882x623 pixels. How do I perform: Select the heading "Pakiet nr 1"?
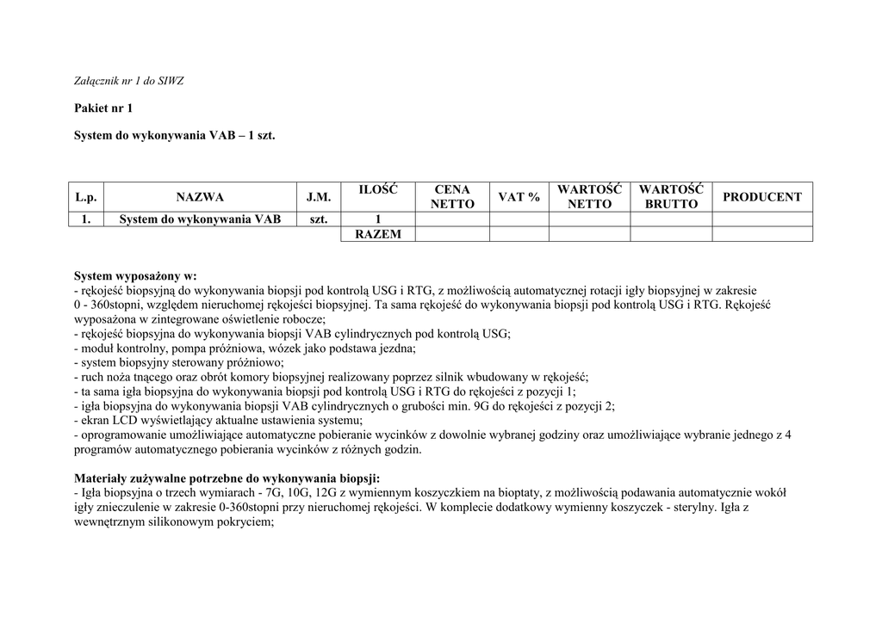(x=103, y=108)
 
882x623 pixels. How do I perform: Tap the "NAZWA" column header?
(x=200, y=197)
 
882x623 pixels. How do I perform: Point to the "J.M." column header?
(x=319, y=197)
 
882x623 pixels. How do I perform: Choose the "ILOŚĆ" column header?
(x=377, y=190)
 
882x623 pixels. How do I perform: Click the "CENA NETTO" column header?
(x=452, y=197)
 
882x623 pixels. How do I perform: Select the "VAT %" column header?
(x=519, y=197)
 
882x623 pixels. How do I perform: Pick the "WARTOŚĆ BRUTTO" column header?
(x=671, y=197)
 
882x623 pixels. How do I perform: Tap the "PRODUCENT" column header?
(x=762, y=197)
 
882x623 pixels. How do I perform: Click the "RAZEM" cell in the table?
(x=377, y=234)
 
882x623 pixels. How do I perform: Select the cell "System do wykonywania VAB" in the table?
(x=200, y=219)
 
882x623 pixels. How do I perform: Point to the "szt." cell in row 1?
(x=319, y=219)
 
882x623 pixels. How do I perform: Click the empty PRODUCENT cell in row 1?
(x=762, y=219)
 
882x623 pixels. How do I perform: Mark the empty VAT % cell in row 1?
(x=519, y=219)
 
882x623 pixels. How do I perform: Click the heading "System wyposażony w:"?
(x=135, y=276)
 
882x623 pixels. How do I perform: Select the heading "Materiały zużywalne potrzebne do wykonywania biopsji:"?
(x=227, y=478)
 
